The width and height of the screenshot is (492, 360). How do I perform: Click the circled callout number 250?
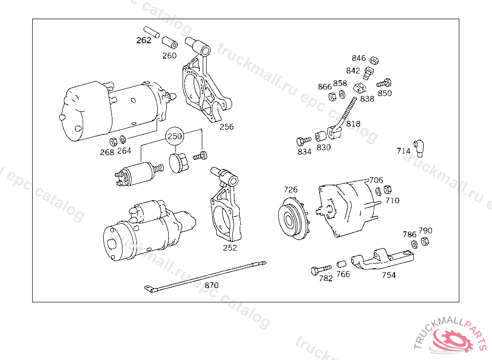(x=175, y=136)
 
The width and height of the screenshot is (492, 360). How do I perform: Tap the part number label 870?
(x=211, y=285)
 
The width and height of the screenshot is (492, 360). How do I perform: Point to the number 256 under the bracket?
(x=227, y=127)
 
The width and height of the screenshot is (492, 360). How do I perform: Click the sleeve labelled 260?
(x=169, y=43)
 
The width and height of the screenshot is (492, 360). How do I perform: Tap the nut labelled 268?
(x=114, y=142)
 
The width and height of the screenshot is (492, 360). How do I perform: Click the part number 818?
(x=353, y=124)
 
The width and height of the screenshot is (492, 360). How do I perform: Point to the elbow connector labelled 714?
(x=419, y=147)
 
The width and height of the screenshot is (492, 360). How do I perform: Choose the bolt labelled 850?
(x=384, y=84)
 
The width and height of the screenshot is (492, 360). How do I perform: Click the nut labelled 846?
(x=375, y=60)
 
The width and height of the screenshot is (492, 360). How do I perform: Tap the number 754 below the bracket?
(x=389, y=275)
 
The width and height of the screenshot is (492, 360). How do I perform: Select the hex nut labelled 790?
(x=424, y=241)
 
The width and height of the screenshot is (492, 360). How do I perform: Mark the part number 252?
(x=230, y=248)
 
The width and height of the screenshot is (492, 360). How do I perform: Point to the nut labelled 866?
(x=331, y=96)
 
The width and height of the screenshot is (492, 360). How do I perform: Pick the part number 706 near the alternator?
(x=376, y=180)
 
